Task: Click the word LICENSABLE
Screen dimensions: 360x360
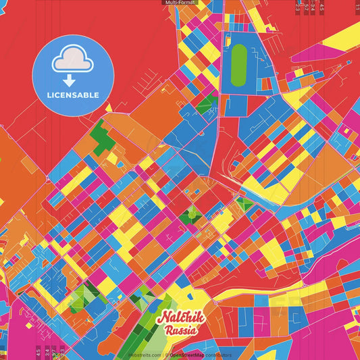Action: [73, 95]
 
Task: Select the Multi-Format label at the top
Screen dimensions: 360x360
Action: [180, 3]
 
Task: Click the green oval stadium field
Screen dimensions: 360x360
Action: [238, 65]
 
